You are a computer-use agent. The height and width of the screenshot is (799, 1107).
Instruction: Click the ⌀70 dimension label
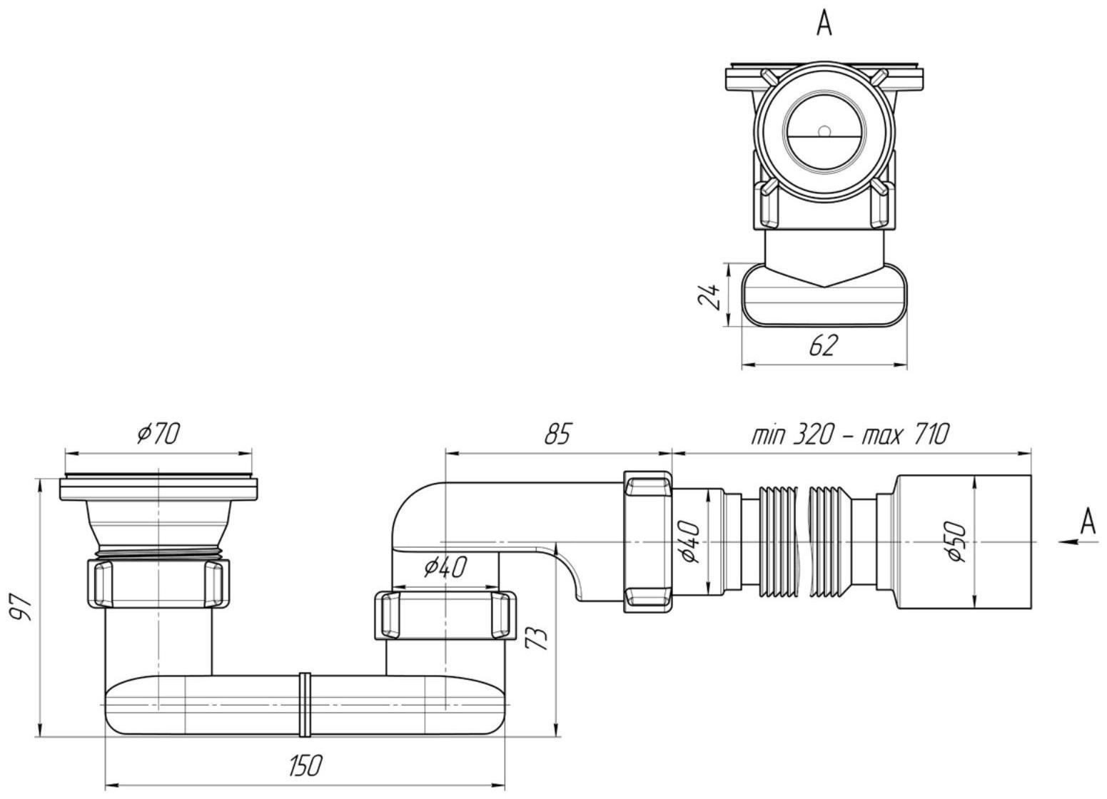pyautogui.click(x=158, y=434)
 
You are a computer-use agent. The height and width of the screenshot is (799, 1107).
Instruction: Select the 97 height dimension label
pyautogui.click(x=21, y=607)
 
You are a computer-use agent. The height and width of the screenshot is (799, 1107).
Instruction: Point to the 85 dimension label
pyautogui.click(x=557, y=434)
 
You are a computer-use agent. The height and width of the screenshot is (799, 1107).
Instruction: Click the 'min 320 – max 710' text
pyautogui.click(x=850, y=434)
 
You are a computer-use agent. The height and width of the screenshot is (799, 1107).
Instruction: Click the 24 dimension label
pyautogui.click(x=709, y=295)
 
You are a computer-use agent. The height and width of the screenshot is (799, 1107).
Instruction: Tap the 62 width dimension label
pyautogui.click(x=824, y=345)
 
